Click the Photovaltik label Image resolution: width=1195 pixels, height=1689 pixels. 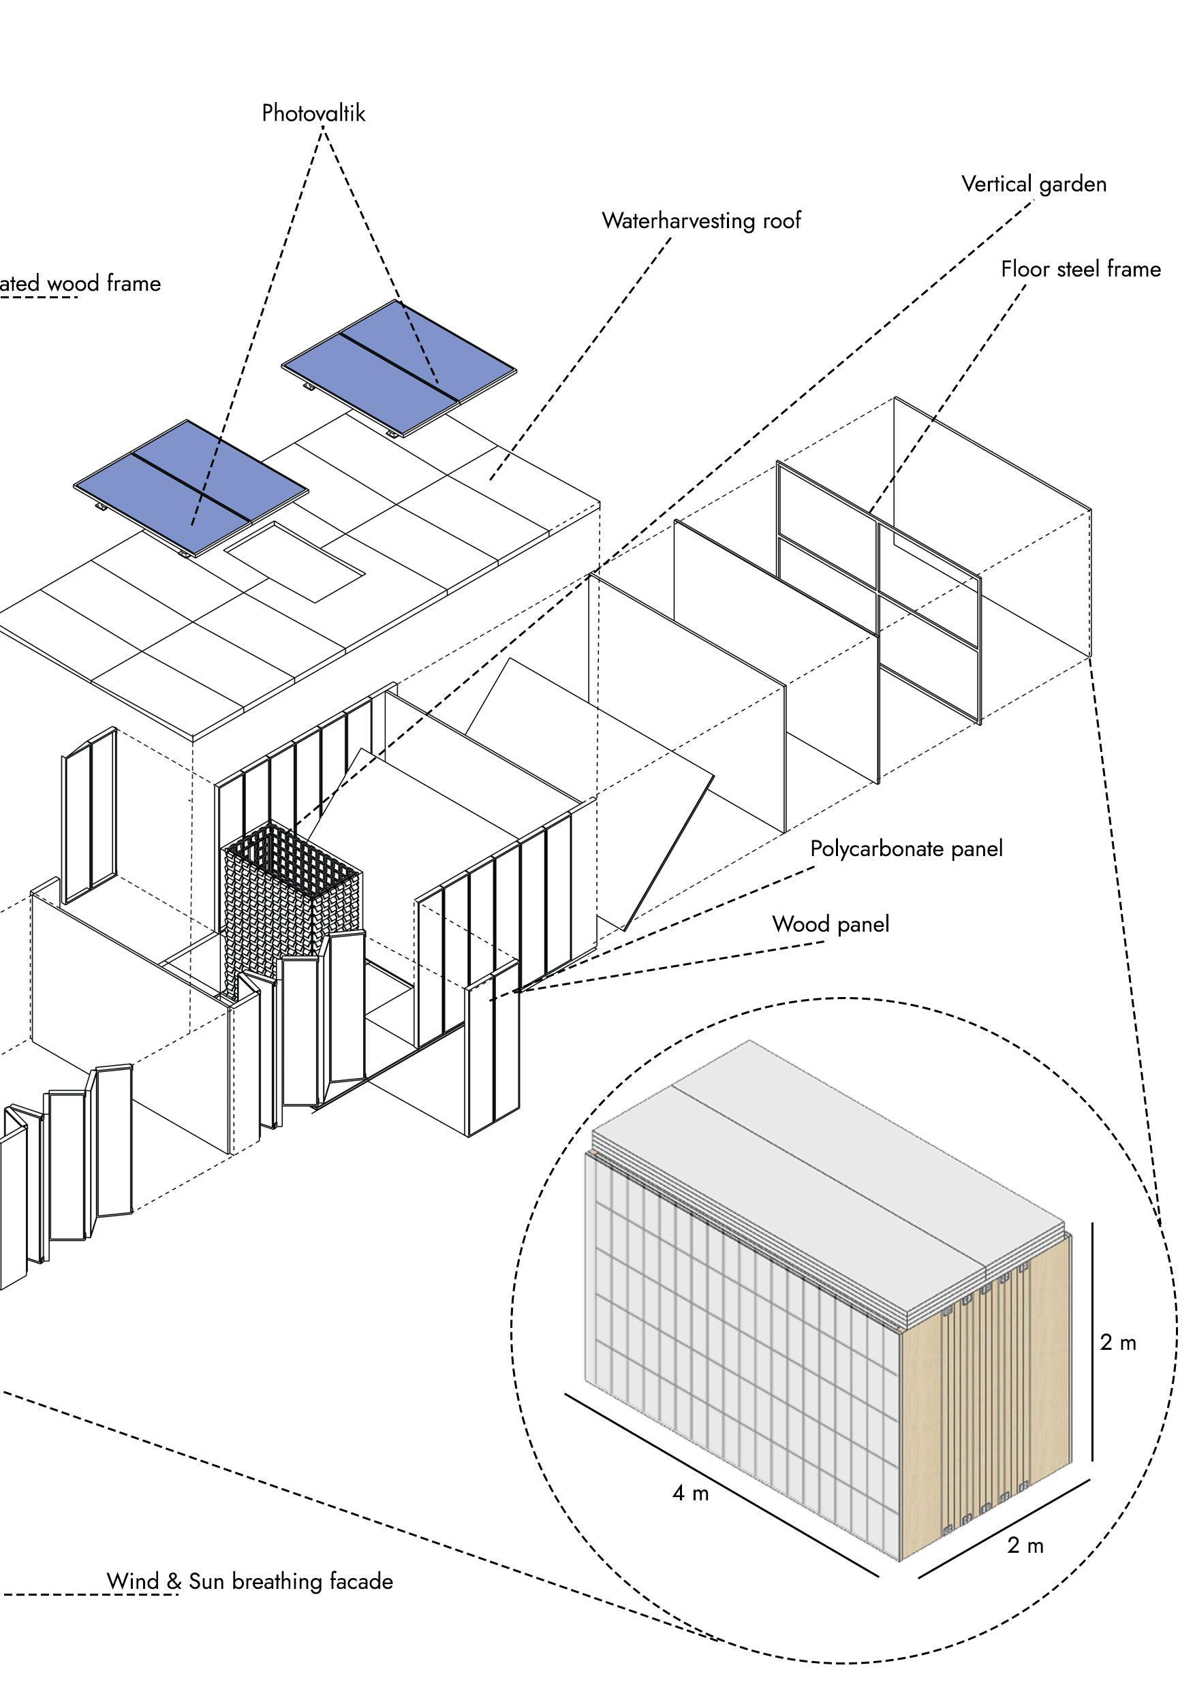313,113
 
